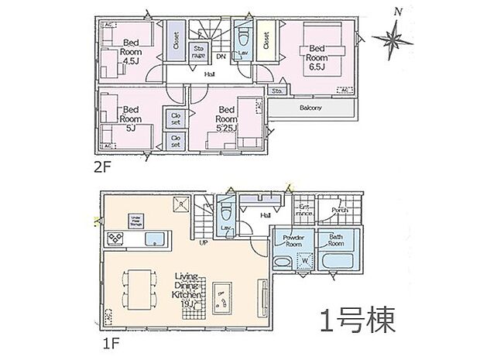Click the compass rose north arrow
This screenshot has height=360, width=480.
pyautogui.click(x=394, y=35)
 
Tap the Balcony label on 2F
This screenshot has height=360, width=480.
pyautogui.click(x=310, y=108)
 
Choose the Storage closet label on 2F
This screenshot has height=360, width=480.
pyautogui.click(x=199, y=51)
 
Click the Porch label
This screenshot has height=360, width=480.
pyautogui.click(x=339, y=210)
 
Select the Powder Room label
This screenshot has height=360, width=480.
pyautogui.click(x=293, y=239)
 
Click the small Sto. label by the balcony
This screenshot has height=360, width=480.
pyautogui.click(x=276, y=91)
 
